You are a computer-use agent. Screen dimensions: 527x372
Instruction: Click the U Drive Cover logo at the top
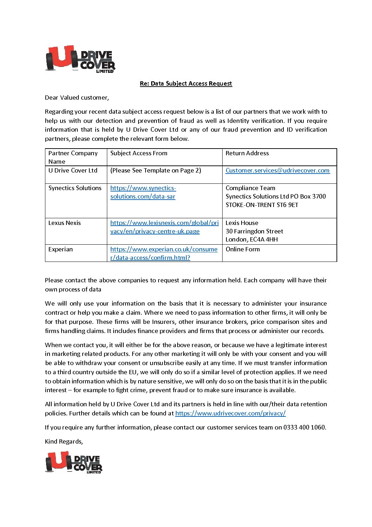coord(80,59)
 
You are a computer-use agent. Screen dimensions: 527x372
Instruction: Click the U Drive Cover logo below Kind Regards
coord(74,463)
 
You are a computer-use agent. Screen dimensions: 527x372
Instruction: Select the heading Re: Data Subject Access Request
coord(186,83)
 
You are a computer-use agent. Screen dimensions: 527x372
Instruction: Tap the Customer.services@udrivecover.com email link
coord(277,170)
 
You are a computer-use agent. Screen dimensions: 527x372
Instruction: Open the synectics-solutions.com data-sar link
coord(143,192)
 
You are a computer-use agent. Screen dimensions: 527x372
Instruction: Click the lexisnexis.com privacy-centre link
coord(164,227)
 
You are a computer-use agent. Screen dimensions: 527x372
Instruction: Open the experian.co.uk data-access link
coord(164,253)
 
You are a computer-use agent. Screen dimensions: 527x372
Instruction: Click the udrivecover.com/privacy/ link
coord(230,413)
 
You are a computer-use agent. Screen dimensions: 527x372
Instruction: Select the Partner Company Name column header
coord(73,157)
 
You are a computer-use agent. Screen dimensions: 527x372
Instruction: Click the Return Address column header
coord(247,153)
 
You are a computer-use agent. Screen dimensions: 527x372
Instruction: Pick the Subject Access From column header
coord(139,153)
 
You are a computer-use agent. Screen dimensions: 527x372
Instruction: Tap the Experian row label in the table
coord(60,249)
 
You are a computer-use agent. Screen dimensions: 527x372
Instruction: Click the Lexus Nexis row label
coord(64,223)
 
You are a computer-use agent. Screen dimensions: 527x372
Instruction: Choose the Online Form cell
coord(243,249)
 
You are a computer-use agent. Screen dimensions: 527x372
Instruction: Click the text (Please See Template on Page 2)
coord(155,170)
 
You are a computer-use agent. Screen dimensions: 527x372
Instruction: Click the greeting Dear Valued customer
coord(77,98)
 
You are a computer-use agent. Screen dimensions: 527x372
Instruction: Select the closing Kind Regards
coord(64,441)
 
